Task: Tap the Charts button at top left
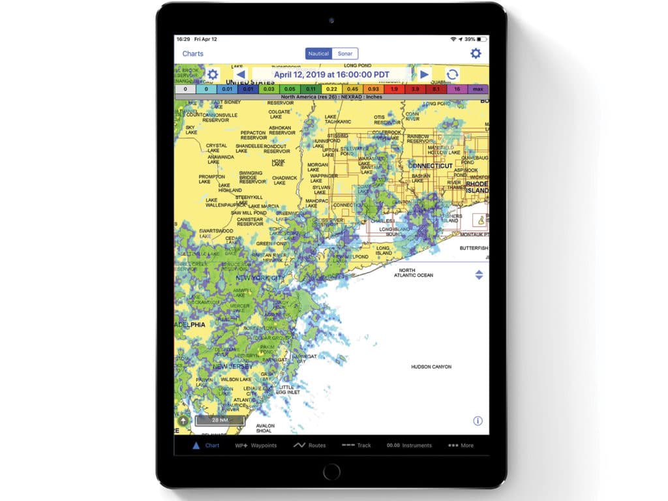[x=192, y=53]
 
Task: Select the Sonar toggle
[x=345, y=53]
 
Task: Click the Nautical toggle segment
[x=319, y=53]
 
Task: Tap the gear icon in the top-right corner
[x=476, y=53]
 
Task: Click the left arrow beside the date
[x=240, y=74]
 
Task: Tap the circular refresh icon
[x=452, y=74]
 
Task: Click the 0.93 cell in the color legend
[x=373, y=89]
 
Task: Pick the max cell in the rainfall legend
[x=478, y=89]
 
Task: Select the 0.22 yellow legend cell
[x=331, y=89]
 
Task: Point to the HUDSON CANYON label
[x=431, y=367]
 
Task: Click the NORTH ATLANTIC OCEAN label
[x=413, y=273]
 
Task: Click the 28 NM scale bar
[x=219, y=420]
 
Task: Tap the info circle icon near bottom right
[x=478, y=421]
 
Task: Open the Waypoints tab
[x=256, y=446]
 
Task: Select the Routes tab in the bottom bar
[x=310, y=446]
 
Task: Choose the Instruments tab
[x=409, y=446]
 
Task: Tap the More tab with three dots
[x=461, y=446]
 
